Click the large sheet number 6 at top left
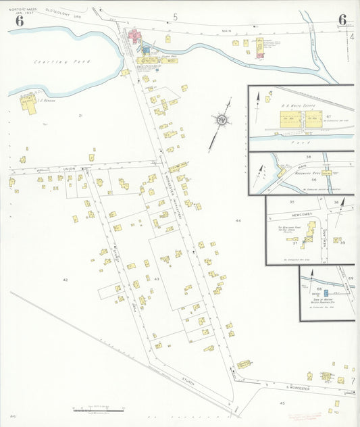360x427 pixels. coord(20,21)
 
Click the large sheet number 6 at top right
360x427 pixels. coord(342,20)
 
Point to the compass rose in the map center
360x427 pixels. coord(221,120)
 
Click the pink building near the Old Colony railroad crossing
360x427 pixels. coord(135,36)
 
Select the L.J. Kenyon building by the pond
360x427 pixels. coord(28,103)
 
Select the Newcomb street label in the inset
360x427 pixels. coord(304,208)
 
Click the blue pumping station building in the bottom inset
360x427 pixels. coord(326,292)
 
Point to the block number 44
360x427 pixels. coord(238,221)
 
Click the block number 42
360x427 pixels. coord(66,279)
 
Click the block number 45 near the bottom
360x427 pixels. coord(282,403)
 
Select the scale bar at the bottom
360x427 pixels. coord(99,409)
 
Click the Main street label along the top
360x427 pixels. coord(226,31)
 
